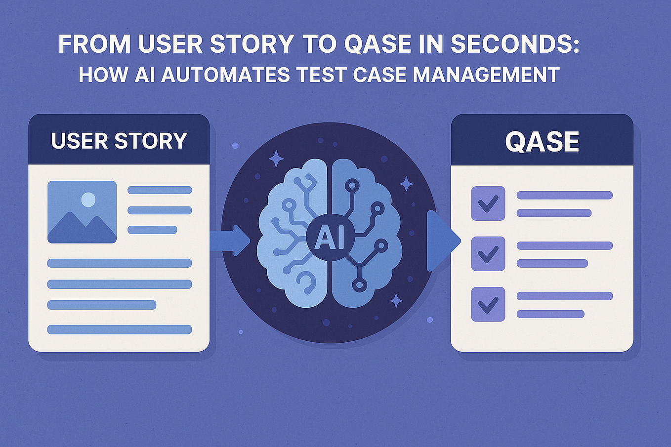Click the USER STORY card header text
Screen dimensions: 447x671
coord(119,141)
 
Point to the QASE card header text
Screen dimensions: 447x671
coord(542,142)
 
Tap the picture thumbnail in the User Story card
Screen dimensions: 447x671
coord(82,212)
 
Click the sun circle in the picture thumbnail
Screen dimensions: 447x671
coord(88,200)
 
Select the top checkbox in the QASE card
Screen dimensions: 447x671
coord(488,203)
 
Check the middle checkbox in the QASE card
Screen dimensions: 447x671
coord(488,254)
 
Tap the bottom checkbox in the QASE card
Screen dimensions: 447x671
coord(488,304)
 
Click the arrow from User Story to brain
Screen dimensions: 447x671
coord(231,241)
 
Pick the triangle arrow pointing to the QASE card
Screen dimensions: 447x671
coord(442,241)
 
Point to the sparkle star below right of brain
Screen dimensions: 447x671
coord(396,300)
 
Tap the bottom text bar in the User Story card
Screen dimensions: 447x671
coord(119,329)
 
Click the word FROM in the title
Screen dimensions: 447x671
coord(94,44)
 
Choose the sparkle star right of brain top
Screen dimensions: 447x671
coord(406,184)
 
